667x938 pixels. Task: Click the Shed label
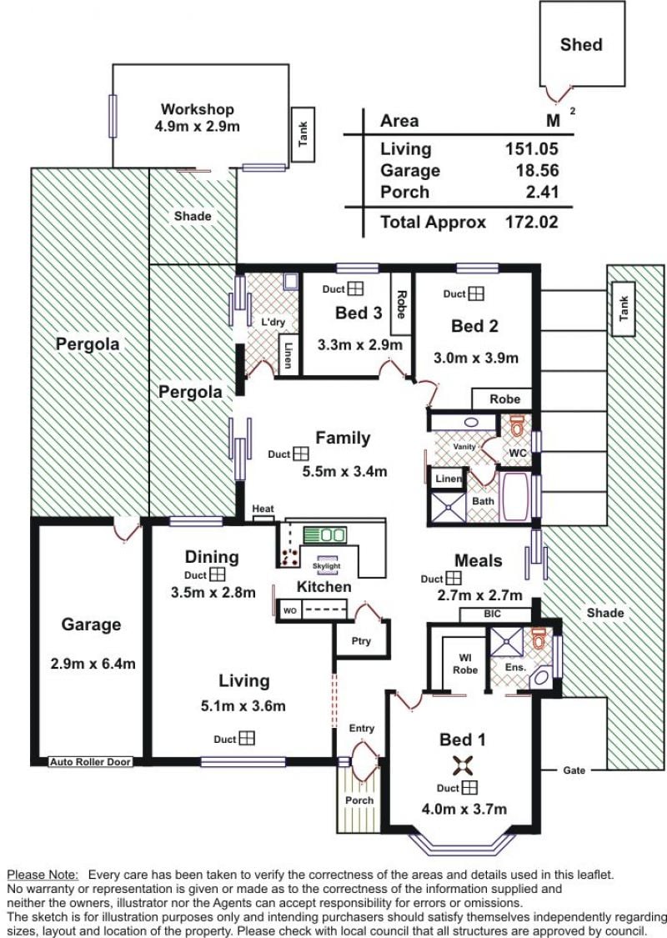tap(581, 45)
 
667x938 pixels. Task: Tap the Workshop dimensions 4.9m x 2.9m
tap(197, 126)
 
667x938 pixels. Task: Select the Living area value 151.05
tap(532, 148)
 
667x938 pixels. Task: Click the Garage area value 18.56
tap(537, 170)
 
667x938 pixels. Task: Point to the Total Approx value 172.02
tap(532, 222)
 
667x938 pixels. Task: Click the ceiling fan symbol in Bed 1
tap(463, 765)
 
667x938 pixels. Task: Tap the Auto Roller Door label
tap(90, 762)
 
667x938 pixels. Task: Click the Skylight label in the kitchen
tap(327, 566)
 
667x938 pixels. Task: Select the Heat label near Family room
tap(263, 509)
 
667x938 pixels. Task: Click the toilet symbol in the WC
tap(516, 425)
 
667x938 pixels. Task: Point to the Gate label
tap(574, 770)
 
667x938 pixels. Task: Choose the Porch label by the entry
tap(359, 800)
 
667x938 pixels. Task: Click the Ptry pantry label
tap(361, 641)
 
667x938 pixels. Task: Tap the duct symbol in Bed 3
tap(355, 289)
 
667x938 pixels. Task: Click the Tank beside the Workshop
tap(303, 134)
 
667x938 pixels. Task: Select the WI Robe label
tap(464, 664)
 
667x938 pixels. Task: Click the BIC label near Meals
tap(492, 614)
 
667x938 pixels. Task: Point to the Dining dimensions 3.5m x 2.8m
tap(213, 593)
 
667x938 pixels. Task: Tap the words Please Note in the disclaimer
tap(43, 875)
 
